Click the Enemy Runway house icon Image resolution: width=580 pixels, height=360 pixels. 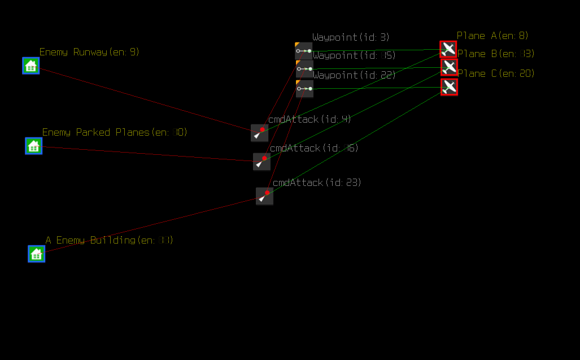point(31,66)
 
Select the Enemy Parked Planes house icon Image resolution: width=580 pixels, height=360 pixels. point(34,146)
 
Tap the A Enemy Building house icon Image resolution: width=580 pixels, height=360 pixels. point(37,254)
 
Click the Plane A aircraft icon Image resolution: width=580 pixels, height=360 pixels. point(448,49)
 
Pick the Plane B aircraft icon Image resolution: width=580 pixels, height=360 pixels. point(450,67)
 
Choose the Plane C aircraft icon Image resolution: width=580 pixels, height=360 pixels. point(450,87)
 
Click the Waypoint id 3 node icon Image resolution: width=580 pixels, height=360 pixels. point(304,51)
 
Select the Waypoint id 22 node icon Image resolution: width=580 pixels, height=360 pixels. point(305,89)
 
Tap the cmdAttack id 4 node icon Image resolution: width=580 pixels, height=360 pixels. point(260,133)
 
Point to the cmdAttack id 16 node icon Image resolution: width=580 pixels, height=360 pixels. point(261,162)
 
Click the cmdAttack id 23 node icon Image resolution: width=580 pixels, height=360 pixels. point(264,196)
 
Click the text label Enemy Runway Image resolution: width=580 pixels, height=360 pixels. point(89,52)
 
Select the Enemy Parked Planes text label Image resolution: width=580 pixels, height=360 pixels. point(115,132)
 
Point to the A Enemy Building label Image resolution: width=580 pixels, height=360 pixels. point(109,240)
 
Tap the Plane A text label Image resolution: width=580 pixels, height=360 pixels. point(492,36)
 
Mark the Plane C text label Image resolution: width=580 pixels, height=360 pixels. point(496,73)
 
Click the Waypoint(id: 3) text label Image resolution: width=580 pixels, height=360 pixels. point(351,37)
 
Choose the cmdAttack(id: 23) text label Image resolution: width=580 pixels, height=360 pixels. point(317,183)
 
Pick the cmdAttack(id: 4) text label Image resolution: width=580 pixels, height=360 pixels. point(309,119)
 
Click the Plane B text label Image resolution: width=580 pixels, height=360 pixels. point(495,54)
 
